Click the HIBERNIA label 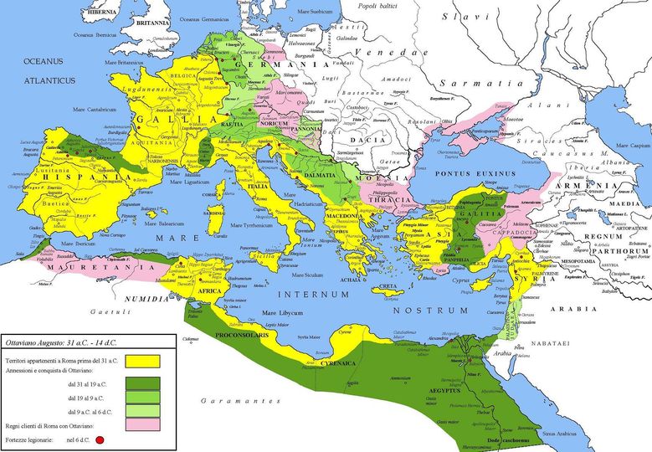97,12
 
